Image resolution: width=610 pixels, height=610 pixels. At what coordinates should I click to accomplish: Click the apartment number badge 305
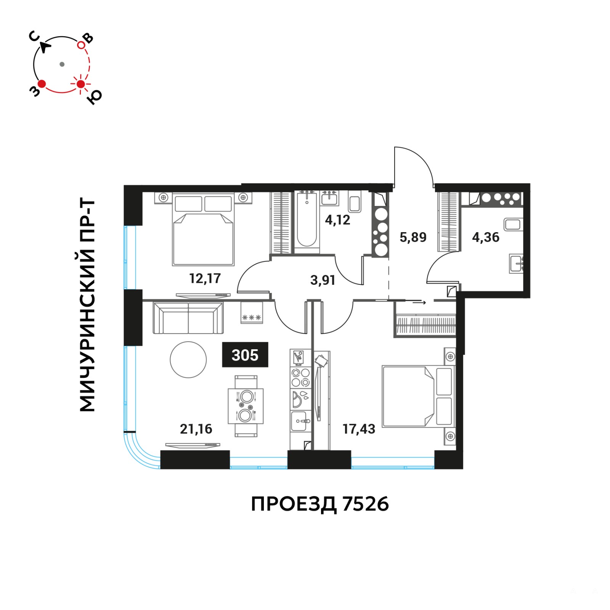245,355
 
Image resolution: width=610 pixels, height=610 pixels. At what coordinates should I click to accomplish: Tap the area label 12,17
205,279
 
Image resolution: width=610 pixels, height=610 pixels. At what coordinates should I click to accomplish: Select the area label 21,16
196,429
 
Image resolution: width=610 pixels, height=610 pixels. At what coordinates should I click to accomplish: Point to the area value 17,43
359,429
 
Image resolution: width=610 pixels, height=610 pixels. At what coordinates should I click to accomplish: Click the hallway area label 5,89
413,237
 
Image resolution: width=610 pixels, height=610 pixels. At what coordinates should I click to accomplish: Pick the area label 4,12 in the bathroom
337,220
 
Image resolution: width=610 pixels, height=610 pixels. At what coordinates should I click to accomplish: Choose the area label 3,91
323,280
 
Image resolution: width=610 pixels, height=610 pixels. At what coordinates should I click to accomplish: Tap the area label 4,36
486,237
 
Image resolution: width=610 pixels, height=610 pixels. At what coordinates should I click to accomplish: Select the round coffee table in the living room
188,360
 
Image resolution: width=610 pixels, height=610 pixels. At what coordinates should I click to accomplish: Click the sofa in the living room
188,318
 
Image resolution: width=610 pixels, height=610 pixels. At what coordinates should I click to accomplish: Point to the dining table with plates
246,406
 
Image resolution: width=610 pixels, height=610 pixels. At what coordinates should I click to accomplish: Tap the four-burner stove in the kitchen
300,377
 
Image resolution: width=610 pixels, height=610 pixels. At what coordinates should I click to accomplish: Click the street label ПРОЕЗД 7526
320,504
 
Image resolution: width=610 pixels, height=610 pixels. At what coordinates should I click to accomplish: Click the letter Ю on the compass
94,98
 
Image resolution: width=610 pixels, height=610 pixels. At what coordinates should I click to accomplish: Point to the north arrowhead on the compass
45,48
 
